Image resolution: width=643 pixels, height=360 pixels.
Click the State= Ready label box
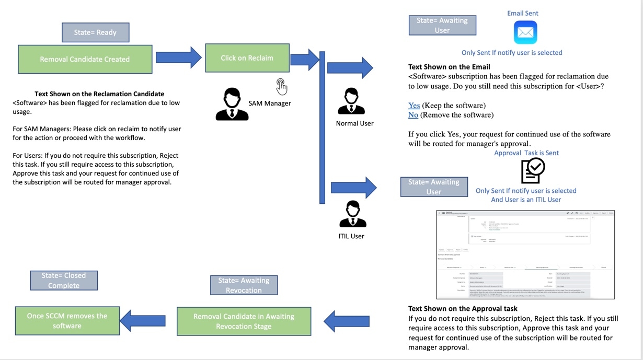[95, 32]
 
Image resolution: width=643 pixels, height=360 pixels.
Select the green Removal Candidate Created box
[85, 59]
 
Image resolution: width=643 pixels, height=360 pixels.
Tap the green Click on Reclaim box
[247, 58]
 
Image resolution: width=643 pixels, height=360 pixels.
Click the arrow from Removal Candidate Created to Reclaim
[178, 57]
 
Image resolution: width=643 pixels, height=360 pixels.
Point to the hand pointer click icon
[282, 86]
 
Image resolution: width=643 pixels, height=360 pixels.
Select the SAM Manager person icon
[232, 104]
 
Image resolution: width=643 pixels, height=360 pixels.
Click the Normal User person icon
[351, 102]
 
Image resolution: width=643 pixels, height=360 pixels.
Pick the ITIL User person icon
[352, 214]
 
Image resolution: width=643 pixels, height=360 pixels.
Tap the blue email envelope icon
[525, 32]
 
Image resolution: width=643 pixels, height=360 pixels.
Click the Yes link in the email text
[414, 106]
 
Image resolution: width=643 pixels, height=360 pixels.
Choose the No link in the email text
[413, 115]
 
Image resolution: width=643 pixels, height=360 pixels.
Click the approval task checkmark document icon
[533, 170]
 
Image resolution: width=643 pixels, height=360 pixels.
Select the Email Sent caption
[522, 13]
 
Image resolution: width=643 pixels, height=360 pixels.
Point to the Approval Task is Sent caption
[526, 153]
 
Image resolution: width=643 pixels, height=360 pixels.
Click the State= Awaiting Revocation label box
[244, 285]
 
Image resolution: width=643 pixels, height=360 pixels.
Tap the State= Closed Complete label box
[64, 281]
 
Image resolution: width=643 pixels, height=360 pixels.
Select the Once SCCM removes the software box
[67, 321]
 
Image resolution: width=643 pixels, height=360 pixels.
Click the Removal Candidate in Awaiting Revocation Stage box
[244, 321]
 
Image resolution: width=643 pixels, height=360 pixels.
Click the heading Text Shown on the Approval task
[463, 308]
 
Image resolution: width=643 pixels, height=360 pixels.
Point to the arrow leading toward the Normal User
[349, 68]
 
